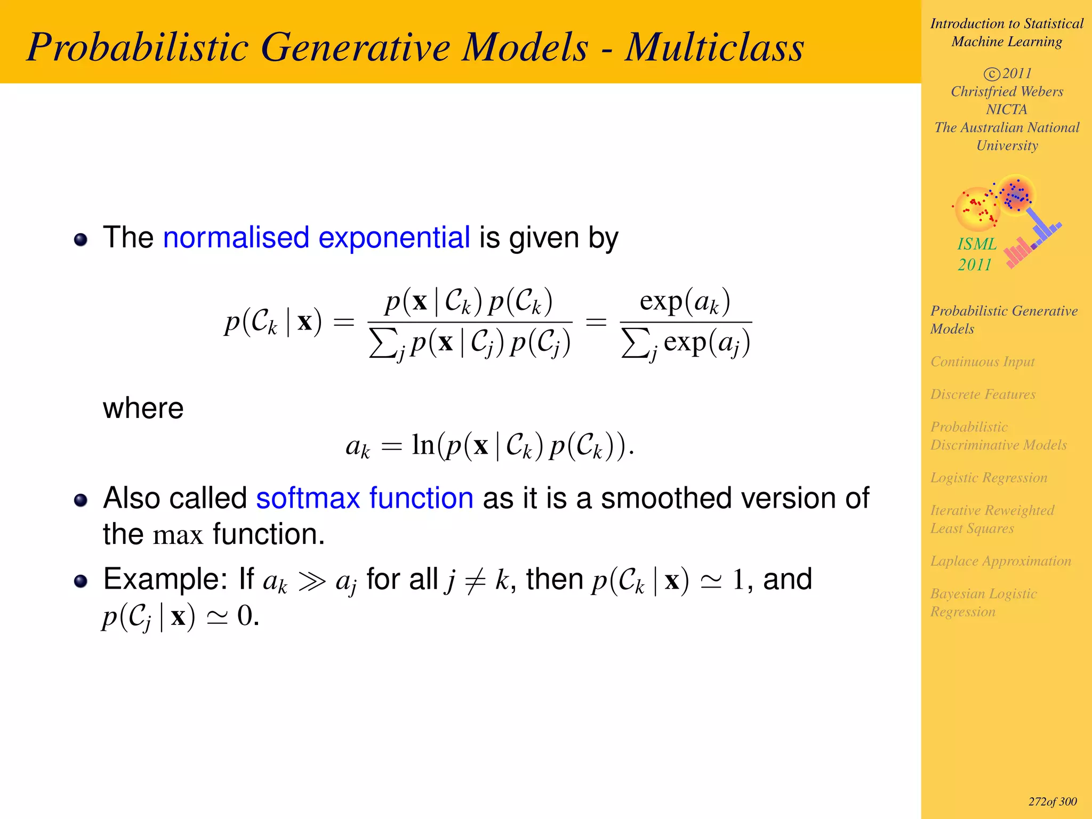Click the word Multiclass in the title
pos(714,48)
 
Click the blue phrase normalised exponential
pos(316,238)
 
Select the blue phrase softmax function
pos(364,499)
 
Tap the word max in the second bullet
pos(178,535)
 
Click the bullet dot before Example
pos(81,581)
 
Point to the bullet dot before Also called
pos(81,500)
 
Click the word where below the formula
pos(143,409)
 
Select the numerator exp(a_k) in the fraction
pos(685,302)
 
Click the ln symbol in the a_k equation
pos(423,445)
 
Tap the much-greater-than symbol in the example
pos(311,581)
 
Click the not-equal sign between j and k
pos(475,581)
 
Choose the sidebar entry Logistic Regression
pos(989,478)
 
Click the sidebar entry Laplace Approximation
pos(1000,561)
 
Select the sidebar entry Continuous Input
pos(982,362)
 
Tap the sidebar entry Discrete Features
pos(983,394)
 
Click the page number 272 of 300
pos(1052,802)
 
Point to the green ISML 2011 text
pos(976,254)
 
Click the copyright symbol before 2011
pos(991,74)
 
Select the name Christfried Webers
pos(1007,92)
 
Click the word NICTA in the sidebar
pos(1006,109)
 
